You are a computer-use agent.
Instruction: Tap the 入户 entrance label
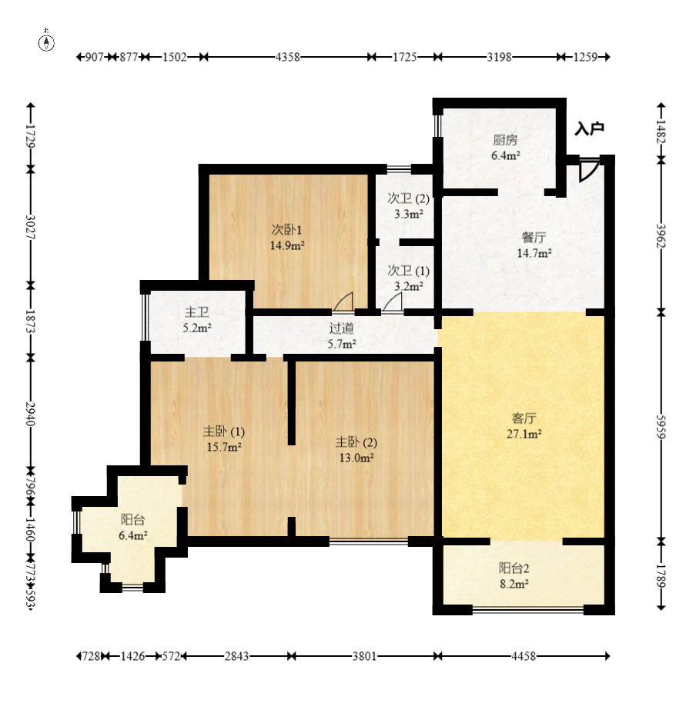click(x=589, y=128)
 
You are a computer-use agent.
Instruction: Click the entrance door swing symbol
click(x=587, y=171)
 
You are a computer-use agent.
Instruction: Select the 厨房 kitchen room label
click(x=505, y=139)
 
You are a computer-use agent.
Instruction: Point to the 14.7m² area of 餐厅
click(x=534, y=253)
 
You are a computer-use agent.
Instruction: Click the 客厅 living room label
click(x=524, y=418)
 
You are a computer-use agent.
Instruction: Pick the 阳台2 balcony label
click(x=514, y=568)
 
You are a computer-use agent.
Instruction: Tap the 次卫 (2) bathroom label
click(x=408, y=198)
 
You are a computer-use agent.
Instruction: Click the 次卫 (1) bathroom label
click(x=408, y=271)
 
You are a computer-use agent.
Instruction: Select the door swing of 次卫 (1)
click(x=393, y=302)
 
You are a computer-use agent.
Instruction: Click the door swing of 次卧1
click(x=343, y=302)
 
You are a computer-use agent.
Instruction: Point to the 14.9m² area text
click(x=287, y=245)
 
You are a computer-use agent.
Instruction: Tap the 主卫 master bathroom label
click(x=196, y=312)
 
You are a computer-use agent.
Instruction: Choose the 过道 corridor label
click(x=341, y=328)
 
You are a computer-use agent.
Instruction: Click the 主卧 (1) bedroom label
click(x=224, y=431)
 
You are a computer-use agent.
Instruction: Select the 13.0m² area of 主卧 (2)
click(x=356, y=458)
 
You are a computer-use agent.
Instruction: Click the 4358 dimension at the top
click(x=288, y=57)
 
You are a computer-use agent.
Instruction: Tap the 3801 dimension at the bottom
click(x=364, y=656)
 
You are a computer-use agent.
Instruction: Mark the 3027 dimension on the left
click(x=31, y=226)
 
